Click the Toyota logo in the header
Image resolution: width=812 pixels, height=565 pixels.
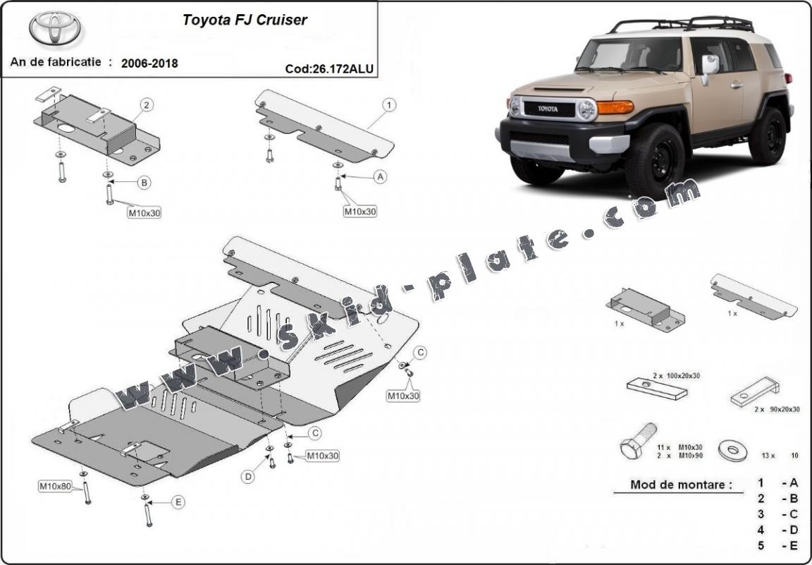point(54,29)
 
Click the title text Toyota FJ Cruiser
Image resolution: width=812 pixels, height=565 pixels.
point(245,20)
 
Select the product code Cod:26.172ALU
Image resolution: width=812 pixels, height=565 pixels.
point(328,68)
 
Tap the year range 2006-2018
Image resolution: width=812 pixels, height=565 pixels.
point(149,63)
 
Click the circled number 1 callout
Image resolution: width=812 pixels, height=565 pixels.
point(388,106)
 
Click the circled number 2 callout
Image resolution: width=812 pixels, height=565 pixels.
point(146,106)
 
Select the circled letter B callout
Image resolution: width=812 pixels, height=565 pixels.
point(144,183)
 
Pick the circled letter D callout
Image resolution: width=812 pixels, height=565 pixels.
point(248,477)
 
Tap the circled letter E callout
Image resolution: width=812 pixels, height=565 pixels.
point(178,502)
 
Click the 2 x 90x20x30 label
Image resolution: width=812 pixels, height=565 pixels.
point(775,408)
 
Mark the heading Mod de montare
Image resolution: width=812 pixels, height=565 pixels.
point(671,485)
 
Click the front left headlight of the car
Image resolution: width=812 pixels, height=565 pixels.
point(586,109)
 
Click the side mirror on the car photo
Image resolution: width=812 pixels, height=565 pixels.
point(709,65)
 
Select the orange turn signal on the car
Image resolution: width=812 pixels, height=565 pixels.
point(615,107)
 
